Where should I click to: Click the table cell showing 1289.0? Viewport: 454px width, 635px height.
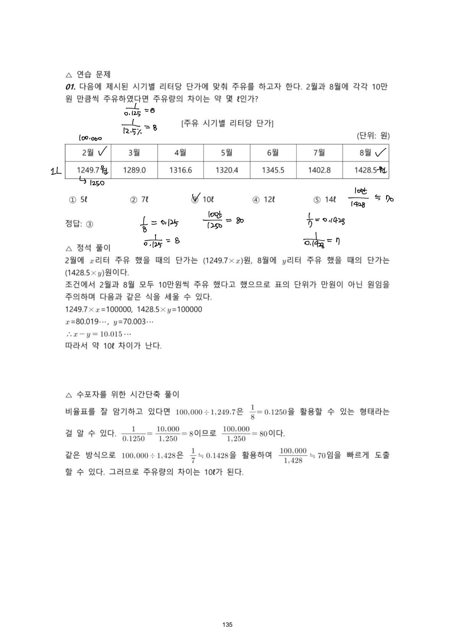(134, 170)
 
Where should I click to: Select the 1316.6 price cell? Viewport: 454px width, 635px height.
(181, 170)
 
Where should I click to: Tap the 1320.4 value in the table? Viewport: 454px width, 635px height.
(227, 170)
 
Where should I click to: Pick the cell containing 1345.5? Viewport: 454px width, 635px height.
(273, 170)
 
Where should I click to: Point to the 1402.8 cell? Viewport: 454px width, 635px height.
(319, 170)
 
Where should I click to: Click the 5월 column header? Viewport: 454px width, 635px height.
(227, 153)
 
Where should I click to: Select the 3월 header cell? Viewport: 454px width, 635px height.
(134, 153)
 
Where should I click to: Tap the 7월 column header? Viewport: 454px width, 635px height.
(319, 153)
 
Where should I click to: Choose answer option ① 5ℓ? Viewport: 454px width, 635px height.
(78, 200)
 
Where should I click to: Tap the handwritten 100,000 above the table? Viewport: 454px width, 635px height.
(90, 138)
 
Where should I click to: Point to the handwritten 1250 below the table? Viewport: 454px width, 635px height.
(97, 183)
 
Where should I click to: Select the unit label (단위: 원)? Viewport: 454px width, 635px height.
(373, 136)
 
